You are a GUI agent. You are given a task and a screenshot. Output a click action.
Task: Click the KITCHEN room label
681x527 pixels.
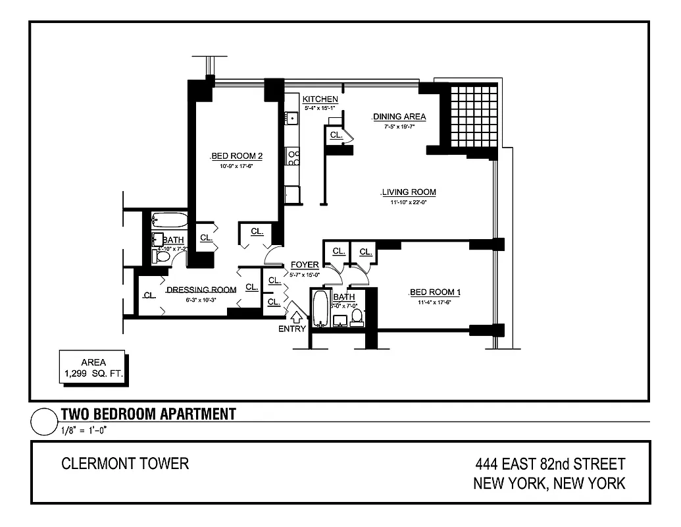[x=320, y=99]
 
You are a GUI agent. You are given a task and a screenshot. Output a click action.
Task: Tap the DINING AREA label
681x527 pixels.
[x=399, y=117]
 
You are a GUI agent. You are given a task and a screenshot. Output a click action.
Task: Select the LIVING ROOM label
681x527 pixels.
[x=409, y=192]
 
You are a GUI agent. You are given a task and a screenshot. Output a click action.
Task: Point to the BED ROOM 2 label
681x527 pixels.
[x=237, y=156]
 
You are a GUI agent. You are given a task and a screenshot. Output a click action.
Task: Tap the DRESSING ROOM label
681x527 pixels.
[x=201, y=290]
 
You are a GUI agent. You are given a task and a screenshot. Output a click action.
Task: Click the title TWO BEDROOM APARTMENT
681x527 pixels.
[x=148, y=414]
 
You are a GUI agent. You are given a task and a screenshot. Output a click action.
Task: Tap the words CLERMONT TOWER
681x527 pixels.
[x=125, y=464]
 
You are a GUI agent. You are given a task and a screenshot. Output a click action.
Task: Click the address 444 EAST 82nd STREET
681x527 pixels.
[x=550, y=465]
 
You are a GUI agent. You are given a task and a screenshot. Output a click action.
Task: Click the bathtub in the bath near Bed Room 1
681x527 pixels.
[x=320, y=309]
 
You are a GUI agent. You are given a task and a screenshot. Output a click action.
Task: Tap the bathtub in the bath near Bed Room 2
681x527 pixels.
[x=169, y=220]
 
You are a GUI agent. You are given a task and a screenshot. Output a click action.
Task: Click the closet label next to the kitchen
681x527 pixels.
[x=336, y=135]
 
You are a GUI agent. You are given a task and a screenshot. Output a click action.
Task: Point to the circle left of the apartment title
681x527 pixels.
[x=43, y=422]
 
